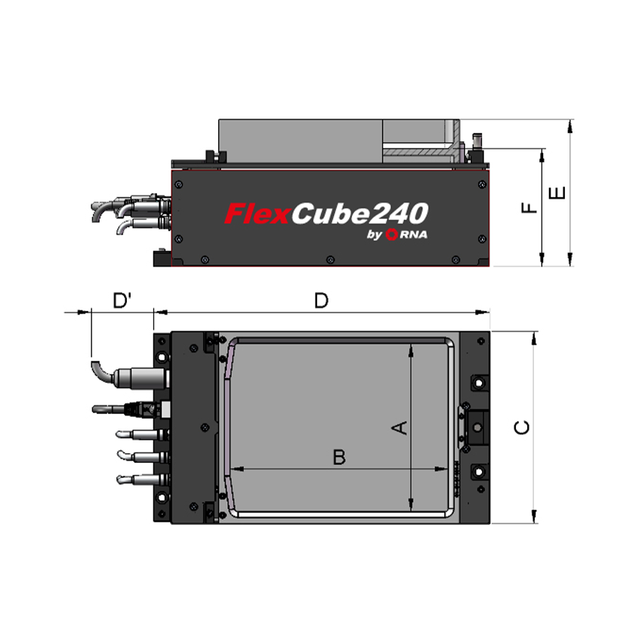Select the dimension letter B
[339, 457]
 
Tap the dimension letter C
[521, 427]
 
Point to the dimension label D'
[122, 301]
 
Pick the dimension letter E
[557, 193]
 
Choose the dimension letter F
[530, 206]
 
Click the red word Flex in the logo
[257, 214]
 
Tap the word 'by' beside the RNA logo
[375, 236]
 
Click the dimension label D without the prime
[322, 301]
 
